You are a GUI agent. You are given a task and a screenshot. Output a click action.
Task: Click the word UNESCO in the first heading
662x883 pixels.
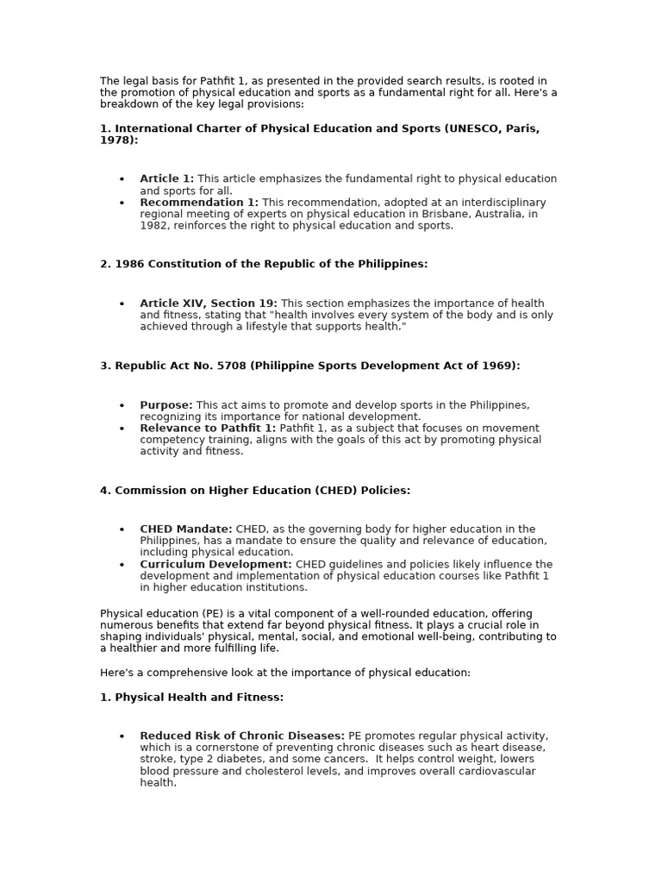tap(472, 128)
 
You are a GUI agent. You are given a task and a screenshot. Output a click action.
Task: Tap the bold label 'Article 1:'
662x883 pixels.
tap(166, 178)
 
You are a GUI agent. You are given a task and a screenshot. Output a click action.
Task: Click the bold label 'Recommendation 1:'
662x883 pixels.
tap(199, 203)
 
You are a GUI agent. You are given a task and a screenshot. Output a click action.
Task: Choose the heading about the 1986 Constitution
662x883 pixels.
tap(264, 264)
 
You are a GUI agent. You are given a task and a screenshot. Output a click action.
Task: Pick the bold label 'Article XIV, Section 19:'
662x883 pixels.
tap(209, 304)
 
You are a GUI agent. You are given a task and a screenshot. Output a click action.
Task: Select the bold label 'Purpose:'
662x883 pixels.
tap(166, 405)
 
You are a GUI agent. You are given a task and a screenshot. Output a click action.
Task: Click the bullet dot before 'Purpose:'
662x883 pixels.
tap(122, 405)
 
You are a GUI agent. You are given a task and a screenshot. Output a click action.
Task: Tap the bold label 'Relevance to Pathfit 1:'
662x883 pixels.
tap(208, 429)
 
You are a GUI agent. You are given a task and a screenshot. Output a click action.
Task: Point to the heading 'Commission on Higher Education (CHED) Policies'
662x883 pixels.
tap(255, 491)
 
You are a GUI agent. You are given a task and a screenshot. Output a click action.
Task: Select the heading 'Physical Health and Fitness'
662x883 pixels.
tap(191, 697)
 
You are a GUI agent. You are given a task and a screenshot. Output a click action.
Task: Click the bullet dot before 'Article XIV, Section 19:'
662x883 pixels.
tap(122, 304)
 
